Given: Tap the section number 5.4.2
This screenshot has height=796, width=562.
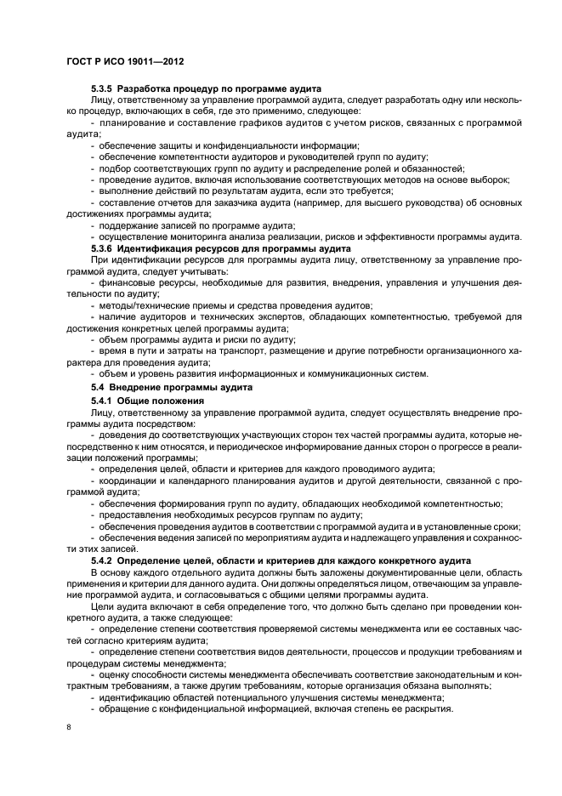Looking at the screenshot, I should coord(102,561).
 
